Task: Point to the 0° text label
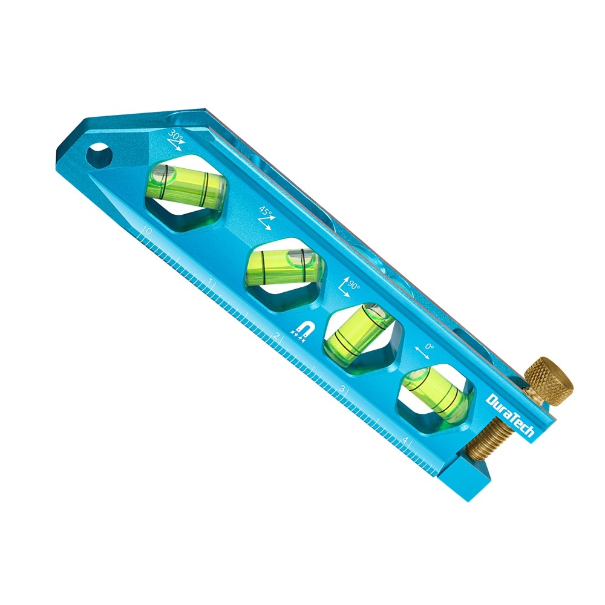pos(430,347)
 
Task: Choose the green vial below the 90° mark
pos(359,330)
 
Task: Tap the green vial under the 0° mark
pos(435,393)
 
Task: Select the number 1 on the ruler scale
pos(210,283)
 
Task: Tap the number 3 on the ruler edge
pos(342,388)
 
